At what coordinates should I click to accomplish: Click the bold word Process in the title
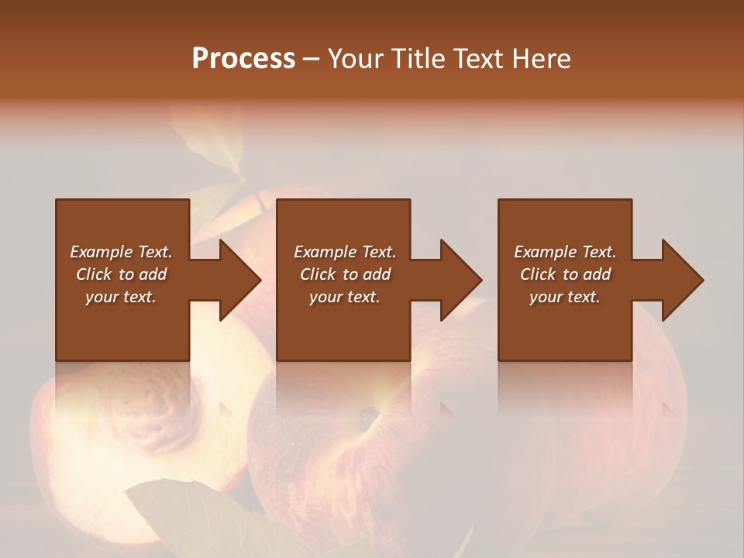click(x=243, y=59)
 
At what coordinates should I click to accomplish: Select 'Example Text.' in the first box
click(x=121, y=252)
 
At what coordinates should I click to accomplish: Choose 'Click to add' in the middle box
click(x=345, y=274)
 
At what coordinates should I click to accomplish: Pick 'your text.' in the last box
click(x=565, y=297)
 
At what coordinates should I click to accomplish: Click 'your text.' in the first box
click(x=121, y=297)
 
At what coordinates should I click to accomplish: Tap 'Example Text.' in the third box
click(x=565, y=252)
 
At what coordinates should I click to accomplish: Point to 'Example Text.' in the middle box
click(x=345, y=252)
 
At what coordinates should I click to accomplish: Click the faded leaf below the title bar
click(x=209, y=143)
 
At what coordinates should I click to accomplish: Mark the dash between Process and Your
click(x=311, y=59)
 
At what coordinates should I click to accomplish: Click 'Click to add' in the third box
click(x=565, y=274)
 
